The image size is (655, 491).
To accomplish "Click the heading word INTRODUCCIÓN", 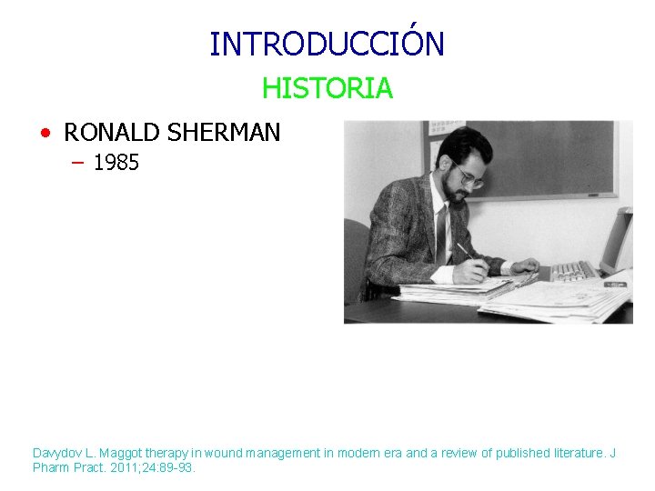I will click(x=327, y=44).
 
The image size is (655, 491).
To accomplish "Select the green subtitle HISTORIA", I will click(x=327, y=88).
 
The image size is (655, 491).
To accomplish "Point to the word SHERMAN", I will click(x=224, y=133).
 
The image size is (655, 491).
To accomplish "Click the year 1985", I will click(x=116, y=164).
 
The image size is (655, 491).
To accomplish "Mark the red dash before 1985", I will click(x=76, y=164).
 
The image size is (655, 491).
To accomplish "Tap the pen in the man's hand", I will click(x=465, y=250).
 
